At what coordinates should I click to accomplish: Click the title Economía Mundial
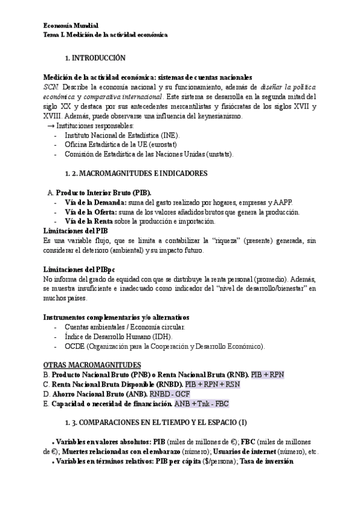coord(71,26)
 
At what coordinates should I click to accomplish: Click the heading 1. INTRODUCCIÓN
coord(95,58)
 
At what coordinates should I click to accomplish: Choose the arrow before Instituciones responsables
coord(50,126)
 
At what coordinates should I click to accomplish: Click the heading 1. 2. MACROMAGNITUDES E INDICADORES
coord(136,173)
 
